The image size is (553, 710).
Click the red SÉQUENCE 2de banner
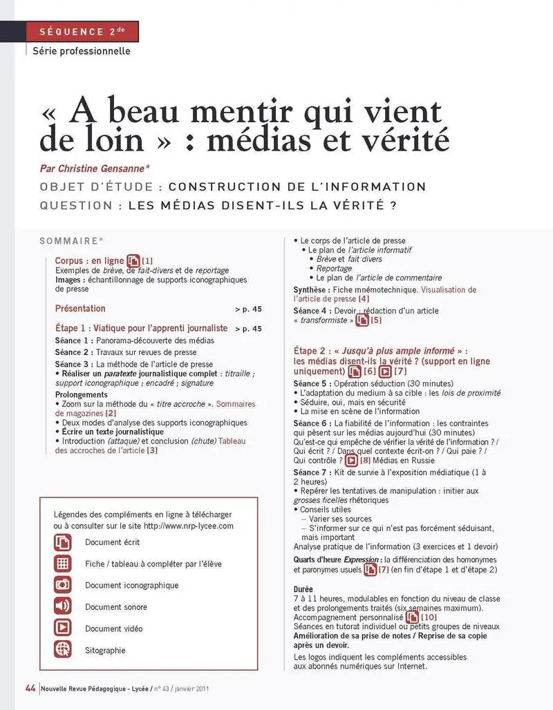[x=82, y=32]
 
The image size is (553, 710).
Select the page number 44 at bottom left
[x=30, y=688]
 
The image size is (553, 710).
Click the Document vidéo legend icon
[x=63, y=628]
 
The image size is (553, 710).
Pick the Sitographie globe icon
[x=63, y=649]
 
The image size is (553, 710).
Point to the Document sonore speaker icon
[x=63, y=606]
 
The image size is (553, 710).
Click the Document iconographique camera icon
[x=63, y=584]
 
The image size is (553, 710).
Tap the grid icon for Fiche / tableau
[x=63, y=563]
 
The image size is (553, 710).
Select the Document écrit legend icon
[x=63, y=541]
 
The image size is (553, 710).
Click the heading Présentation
[x=80, y=309]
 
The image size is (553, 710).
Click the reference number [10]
[x=429, y=616]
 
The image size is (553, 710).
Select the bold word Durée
[x=303, y=588]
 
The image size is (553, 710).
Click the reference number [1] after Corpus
[x=147, y=260]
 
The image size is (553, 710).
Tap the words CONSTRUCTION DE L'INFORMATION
[x=297, y=186]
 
